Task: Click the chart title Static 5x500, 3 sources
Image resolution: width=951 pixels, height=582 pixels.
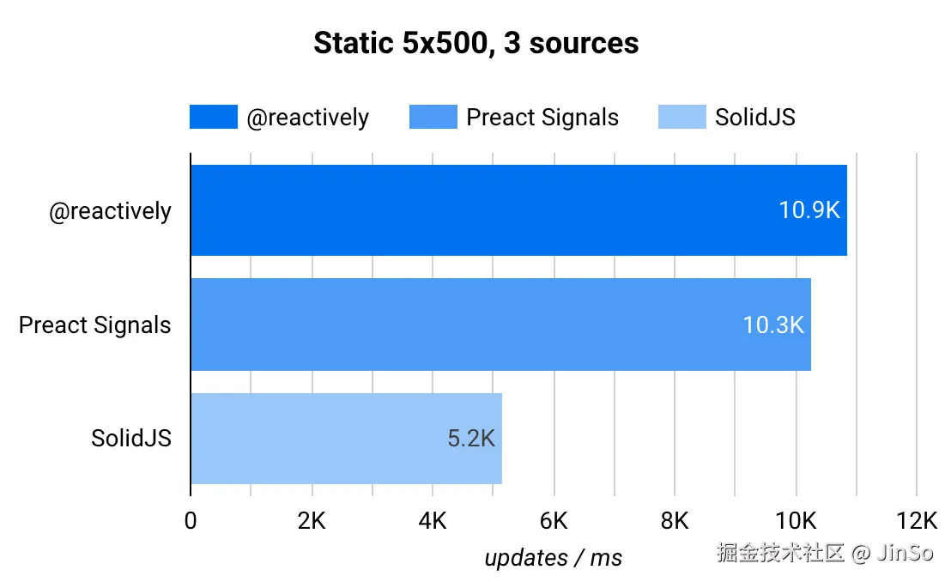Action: click(x=475, y=43)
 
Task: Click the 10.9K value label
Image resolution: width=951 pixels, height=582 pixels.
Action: click(x=809, y=210)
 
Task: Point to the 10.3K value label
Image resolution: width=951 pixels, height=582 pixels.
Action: click(x=773, y=324)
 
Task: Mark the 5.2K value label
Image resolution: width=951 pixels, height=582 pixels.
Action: click(x=471, y=439)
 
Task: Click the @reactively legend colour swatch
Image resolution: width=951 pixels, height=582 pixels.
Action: click(x=213, y=117)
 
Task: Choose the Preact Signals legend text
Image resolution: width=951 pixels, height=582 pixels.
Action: click(x=542, y=117)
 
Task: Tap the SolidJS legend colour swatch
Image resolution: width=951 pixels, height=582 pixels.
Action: click(x=681, y=117)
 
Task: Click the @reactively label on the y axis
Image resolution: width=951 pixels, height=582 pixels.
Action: click(x=110, y=211)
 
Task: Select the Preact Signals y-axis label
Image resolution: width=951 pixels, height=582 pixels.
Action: click(x=94, y=325)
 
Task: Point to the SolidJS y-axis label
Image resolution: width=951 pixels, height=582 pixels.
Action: click(x=131, y=439)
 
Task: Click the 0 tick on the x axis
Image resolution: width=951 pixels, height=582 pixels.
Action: click(x=191, y=520)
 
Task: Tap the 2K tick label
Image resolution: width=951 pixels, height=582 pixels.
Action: click(x=312, y=520)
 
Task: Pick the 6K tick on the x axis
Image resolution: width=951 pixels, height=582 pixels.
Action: click(x=554, y=520)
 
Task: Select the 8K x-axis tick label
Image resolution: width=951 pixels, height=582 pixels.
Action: click(x=675, y=520)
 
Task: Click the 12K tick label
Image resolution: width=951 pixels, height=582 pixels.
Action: click(x=917, y=520)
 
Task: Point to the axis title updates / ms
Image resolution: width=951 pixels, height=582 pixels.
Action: click(x=554, y=557)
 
